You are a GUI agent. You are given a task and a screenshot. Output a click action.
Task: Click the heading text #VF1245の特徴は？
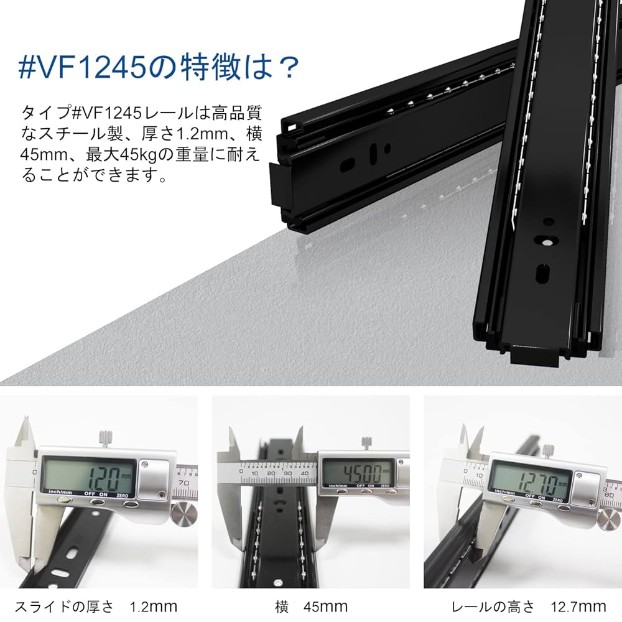click(x=159, y=67)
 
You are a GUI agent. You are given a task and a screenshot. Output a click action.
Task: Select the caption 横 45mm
click(x=311, y=606)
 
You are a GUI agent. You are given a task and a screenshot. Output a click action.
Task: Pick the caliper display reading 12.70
click(x=530, y=480)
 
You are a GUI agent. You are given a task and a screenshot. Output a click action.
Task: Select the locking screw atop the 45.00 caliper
click(x=367, y=443)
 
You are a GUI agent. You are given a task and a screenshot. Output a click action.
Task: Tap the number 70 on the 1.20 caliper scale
click(x=184, y=482)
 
